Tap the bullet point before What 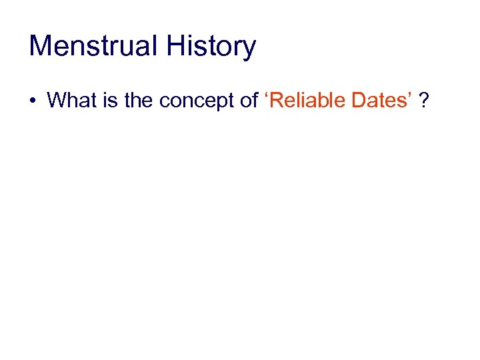pos(33,101)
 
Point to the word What pos(70,100)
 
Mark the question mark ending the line pos(424,100)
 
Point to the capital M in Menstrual pos(40,47)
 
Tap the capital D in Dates pos(354,100)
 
